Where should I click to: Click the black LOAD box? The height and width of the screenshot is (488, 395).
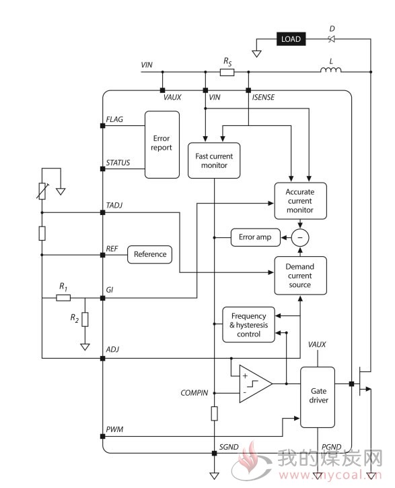[291, 39]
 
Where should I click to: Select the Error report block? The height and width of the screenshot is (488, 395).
[162, 145]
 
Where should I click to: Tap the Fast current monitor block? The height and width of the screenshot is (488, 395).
[214, 160]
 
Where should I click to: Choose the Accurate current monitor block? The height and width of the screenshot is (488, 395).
[300, 201]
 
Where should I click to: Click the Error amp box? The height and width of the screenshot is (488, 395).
[256, 237]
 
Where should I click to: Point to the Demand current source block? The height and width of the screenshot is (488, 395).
[300, 276]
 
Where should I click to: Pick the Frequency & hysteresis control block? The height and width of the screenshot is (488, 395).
[248, 325]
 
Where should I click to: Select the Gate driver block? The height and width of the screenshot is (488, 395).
[318, 397]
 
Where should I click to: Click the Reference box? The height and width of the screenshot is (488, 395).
[150, 254]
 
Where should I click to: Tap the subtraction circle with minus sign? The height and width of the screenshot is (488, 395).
[300, 237]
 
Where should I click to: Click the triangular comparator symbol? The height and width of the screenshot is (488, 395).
[256, 384]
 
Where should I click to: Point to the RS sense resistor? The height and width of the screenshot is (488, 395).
[227, 72]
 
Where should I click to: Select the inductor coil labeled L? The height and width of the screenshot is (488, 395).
[330, 69]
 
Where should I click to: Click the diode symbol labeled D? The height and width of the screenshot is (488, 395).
[332, 39]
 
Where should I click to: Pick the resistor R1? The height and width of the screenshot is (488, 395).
[63, 298]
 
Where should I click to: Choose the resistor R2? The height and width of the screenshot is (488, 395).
[85, 319]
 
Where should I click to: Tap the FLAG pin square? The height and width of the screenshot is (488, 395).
[102, 126]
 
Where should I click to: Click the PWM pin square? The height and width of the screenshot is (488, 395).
[102, 436]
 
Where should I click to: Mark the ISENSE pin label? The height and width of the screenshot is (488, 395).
[263, 98]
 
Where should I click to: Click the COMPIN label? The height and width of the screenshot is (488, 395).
[194, 393]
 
